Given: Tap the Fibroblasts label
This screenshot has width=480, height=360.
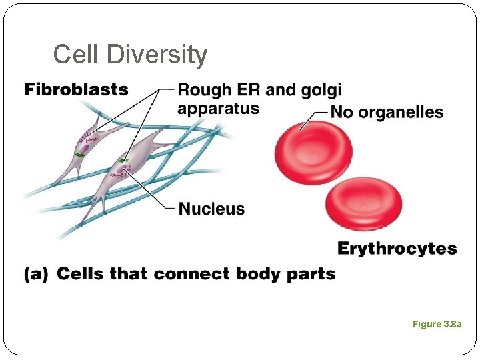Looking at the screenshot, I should (x=76, y=89).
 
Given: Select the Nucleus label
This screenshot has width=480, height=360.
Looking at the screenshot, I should (x=211, y=209).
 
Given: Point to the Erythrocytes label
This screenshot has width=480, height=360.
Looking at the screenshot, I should (x=397, y=249).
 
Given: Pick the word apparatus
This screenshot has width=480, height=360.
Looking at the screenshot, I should (x=218, y=109).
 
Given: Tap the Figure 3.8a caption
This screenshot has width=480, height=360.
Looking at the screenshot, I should (x=437, y=324).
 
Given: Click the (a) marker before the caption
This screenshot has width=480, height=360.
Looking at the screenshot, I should (x=36, y=274).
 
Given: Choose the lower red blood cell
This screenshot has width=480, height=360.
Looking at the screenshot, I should (x=363, y=205).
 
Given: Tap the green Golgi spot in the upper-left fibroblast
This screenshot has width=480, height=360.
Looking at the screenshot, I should (x=79, y=155).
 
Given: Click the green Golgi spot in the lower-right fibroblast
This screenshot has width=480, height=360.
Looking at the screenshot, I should (x=123, y=160).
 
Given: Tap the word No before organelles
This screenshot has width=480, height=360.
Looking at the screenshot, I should (x=343, y=112).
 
